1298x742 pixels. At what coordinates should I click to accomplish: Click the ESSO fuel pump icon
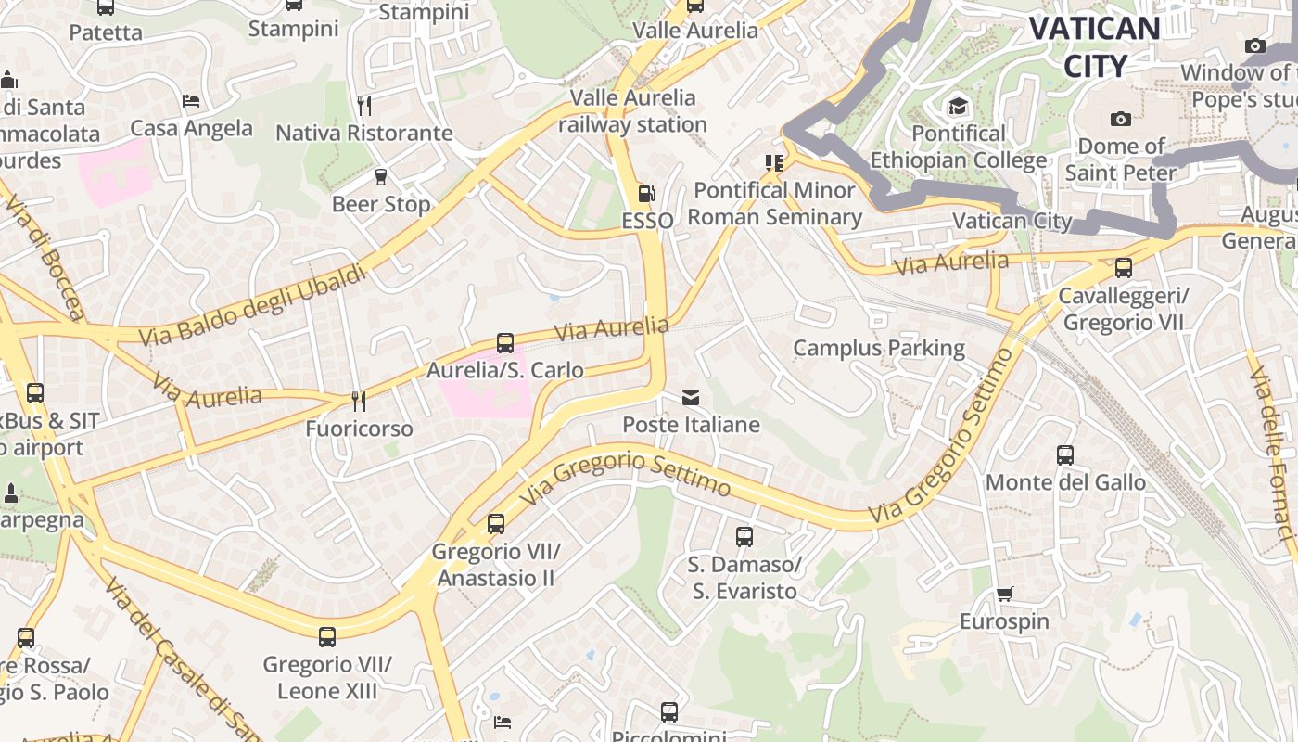pos(646,194)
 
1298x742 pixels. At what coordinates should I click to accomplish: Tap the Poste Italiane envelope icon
pos(691,398)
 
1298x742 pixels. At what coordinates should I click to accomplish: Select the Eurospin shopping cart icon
pos(1005,594)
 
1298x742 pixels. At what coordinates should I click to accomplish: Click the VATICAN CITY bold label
pos(1094,46)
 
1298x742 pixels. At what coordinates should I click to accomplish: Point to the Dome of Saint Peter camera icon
pos(1120,119)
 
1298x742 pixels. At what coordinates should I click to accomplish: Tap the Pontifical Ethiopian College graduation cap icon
pos(958,107)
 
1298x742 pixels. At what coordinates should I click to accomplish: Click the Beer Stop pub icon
pos(380,177)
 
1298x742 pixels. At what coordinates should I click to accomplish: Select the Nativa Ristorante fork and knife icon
pos(364,106)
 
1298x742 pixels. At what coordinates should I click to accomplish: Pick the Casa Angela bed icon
pos(191,100)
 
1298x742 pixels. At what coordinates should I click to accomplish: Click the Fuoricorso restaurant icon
pos(359,402)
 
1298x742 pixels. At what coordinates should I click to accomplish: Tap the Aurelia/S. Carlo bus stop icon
pos(505,343)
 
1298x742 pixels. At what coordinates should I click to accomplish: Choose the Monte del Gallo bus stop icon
pos(1065,455)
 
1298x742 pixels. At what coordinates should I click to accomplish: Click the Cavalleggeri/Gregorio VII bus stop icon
pos(1124,268)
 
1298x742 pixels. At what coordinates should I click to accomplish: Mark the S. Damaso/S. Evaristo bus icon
pos(744,537)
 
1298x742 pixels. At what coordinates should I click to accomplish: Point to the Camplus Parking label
pos(879,349)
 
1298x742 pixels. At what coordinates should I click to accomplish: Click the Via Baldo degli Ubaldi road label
pos(252,305)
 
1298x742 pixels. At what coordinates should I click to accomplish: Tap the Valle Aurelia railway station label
pos(633,110)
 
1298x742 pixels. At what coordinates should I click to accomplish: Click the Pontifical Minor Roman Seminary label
pos(774,203)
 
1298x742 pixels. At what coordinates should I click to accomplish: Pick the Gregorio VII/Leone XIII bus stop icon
pos(327,637)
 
